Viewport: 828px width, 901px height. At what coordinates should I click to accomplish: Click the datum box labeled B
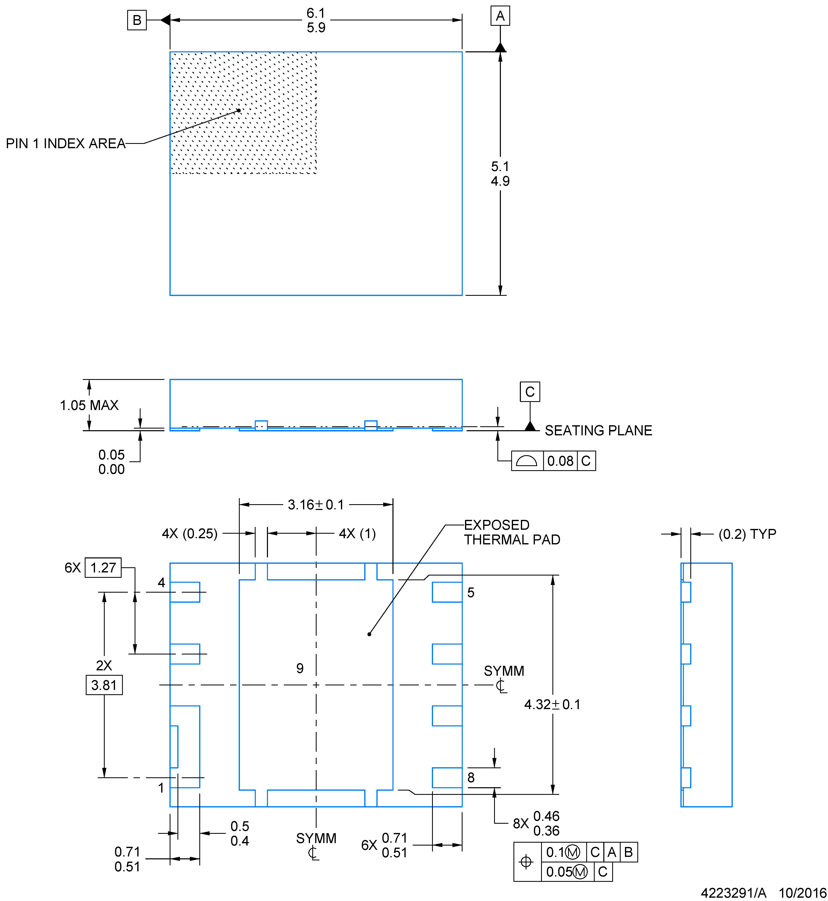pyautogui.click(x=137, y=20)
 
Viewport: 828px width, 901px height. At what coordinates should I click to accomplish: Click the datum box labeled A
pyautogui.click(x=500, y=16)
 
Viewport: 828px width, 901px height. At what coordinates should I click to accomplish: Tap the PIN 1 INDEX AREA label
pyautogui.click(x=65, y=143)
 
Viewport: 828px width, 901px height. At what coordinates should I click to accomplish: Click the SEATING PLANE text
pyautogui.click(x=598, y=431)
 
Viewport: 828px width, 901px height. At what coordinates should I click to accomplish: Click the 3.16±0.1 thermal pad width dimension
pyautogui.click(x=316, y=505)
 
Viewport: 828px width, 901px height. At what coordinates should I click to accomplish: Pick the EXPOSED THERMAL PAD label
pyautogui.click(x=512, y=532)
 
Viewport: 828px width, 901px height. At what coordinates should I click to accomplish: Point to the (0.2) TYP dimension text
pyautogui.click(x=747, y=534)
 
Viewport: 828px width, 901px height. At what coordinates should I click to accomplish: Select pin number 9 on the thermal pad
pyautogui.click(x=300, y=668)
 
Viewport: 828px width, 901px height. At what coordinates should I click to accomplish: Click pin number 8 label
pyautogui.click(x=470, y=777)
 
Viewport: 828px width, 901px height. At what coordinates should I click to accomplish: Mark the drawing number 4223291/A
pyautogui.click(x=733, y=893)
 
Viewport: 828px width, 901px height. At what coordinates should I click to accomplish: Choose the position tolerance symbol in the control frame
pyautogui.click(x=526, y=862)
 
